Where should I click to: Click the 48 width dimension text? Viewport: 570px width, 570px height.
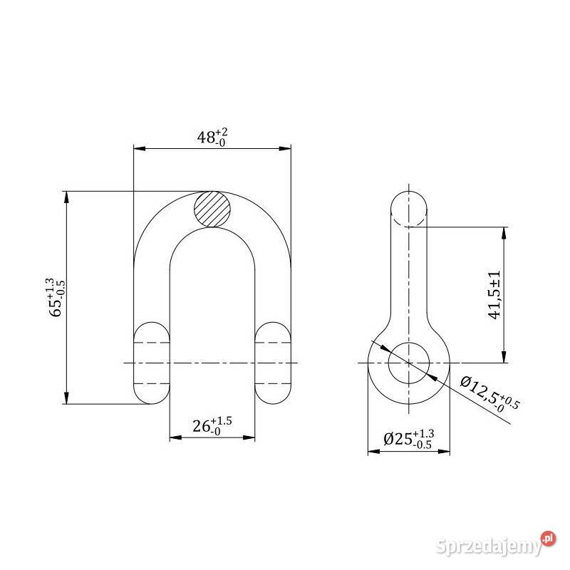click(x=212, y=137)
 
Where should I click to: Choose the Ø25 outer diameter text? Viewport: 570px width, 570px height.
click(x=408, y=438)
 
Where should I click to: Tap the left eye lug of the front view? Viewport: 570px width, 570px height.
click(x=152, y=363)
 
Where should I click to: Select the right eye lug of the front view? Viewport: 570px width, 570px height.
click(x=273, y=363)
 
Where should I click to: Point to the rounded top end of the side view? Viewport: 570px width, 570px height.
click(x=408, y=206)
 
